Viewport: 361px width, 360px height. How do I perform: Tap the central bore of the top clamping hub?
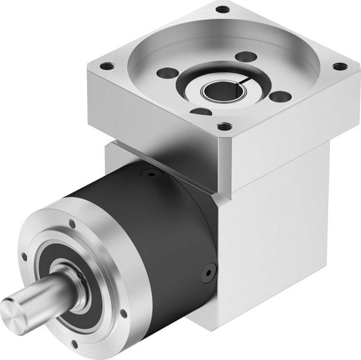pyautogui.click(x=222, y=91)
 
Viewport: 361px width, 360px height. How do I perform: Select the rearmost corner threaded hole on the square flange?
pyautogui.click(x=222, y=10)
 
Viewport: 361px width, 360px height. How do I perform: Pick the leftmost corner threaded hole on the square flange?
pyautogui.click(x=107, y=67)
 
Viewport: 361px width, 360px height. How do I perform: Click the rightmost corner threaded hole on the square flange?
pyautogui.click(x=339, y=66)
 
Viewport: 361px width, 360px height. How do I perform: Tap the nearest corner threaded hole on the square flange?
pyautogui.click(x=224, y=127)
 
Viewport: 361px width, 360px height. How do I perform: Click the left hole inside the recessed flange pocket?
pyautogui.click(x=164, y=73)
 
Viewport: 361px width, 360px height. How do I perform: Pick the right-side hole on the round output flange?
pyautogui.click(x=124, y=313)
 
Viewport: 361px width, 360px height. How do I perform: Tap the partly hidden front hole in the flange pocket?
pyautogui.click(x=201, y=112)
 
